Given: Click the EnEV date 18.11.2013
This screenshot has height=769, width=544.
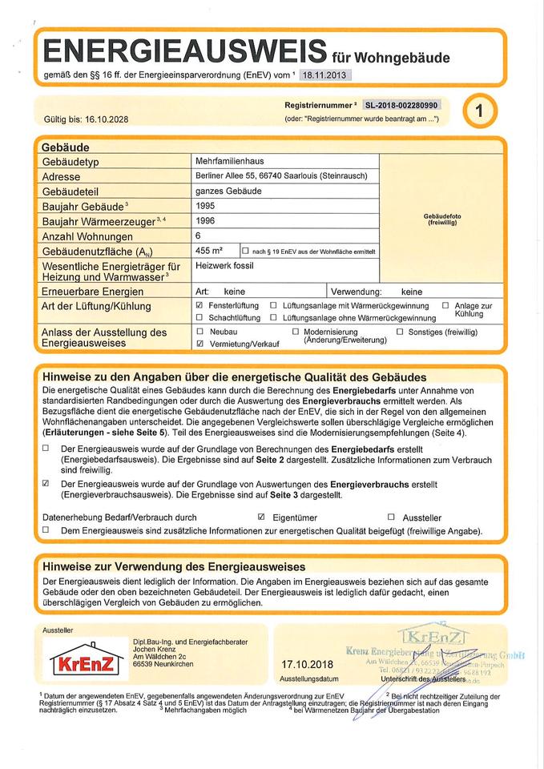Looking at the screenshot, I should point(325,75).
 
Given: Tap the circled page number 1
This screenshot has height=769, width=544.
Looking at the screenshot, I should point(479,111).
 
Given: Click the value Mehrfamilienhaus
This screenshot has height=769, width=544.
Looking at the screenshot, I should point(224,161).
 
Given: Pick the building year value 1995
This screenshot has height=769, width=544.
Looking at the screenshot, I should point(205,206).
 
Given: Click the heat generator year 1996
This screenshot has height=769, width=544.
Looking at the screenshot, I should point(205,220).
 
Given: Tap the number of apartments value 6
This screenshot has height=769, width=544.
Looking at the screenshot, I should point(198,236).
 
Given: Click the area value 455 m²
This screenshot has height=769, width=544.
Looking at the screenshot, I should point(209,251).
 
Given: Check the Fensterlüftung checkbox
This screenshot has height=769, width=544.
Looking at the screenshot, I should point(199,306).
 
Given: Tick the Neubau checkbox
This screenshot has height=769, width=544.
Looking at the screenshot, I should point(199,331).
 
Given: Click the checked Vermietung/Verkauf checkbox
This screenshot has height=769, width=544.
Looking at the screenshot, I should point(199,343).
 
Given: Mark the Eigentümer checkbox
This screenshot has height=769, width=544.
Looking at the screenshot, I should point(261,517).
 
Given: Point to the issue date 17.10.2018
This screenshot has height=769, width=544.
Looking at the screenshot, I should point(306,665).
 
